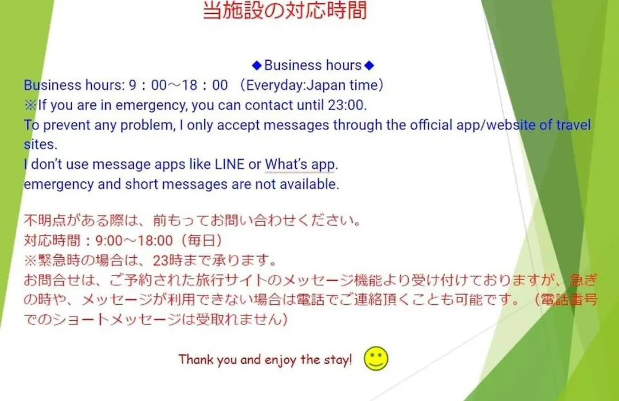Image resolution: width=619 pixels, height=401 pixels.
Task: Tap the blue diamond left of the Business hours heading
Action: pyautogui.click(x=257, y=65)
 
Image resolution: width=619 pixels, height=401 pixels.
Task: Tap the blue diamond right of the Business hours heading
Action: pyautogui.click(x=369, y=65)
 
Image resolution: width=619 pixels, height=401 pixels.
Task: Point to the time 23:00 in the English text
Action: pyautogui.click(x=347, y=105)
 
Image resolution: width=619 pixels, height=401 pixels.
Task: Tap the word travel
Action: pyautogui.click(x=573, y=125)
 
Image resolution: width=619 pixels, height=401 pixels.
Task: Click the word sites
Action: pyautogui.click(x=40, y=145)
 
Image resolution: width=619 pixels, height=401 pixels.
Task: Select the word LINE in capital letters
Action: pyautogui.click(x=229, y=164)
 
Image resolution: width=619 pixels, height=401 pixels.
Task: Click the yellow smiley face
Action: pyautogui.click(x=376, y=359)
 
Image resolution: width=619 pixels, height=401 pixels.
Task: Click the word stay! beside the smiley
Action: pyautogui.click(x=338, y=360)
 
